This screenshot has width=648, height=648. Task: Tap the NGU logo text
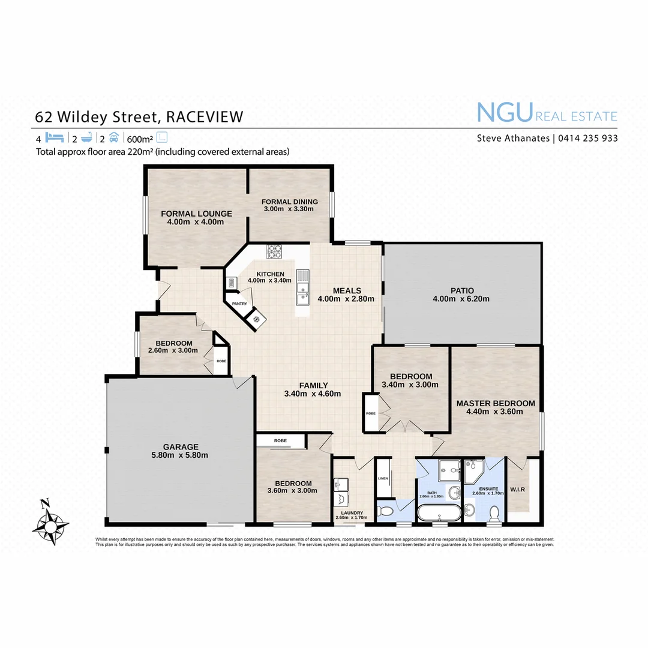pyautogui.click(x=505, y=112)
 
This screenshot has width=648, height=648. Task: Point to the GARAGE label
pyautogui.click(x=181, y=446)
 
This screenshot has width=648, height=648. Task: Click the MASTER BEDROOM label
pyautogui.click(x=495, y=403)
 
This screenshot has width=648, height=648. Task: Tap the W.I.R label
pyautogui.click(x=518, y=490)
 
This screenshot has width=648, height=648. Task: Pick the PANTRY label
pyautogui.click(x=239, y=304)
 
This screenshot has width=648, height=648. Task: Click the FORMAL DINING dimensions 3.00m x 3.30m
pyautogui.click(x=289, y=209)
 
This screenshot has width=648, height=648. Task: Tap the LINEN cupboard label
pyautogui.click(x=383, y=478)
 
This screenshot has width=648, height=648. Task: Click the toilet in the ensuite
pyautogui.click(x=495, y=514)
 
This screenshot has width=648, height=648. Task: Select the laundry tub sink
pyautogui.click(x=341, y=484)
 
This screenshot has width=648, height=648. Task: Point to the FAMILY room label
pyautogui.click(x=314, y=385)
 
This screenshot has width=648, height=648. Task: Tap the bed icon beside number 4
pyautogui.click(x=55, y=137)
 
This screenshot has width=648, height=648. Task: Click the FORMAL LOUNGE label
pyautogui.click(x=196, y=214)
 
